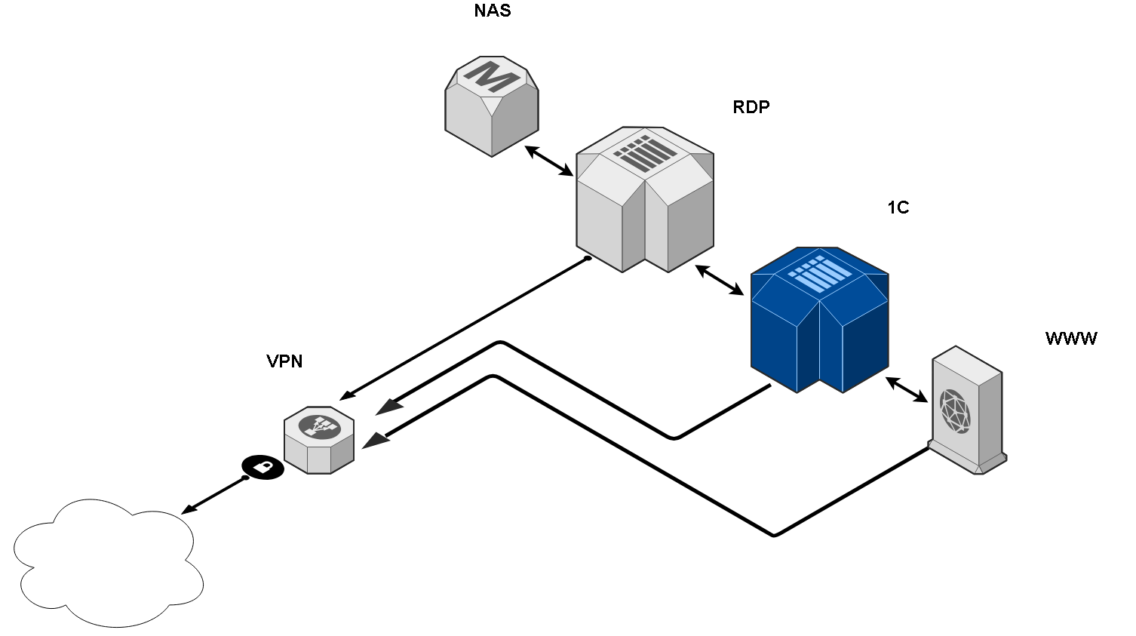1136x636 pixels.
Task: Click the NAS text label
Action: (x=492, y=11)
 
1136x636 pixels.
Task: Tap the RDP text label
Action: (x=751, y=107)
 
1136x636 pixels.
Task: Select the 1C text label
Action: (x=898, y=207)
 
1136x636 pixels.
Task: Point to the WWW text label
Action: (x=1071, y=339)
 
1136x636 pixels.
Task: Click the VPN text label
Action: (x=284, y=361)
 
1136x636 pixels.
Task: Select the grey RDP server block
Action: (x=645, y=200)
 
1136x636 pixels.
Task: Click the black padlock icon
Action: (x=263, y=467)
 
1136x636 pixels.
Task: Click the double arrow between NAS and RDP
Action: (x=550, y=161)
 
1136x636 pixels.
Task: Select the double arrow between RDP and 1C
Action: (x=720, y=279)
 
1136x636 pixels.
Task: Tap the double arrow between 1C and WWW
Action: (x=907, y=389)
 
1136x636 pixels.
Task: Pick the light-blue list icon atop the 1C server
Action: (x=820, y=274)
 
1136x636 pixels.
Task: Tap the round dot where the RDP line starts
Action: (x=588, y=259)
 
